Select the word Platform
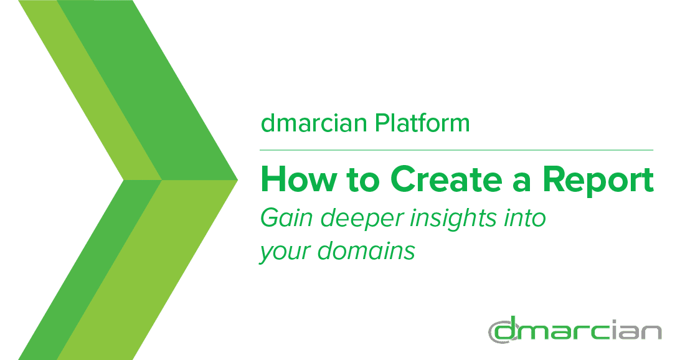422,123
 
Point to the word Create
446,179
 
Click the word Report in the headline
598,181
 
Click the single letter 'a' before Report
522,183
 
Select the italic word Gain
286,217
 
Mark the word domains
366,250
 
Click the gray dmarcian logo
575,330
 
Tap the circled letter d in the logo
504,331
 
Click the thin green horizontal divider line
456,150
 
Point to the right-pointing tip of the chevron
238,179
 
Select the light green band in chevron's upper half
90,90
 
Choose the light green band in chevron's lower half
148,270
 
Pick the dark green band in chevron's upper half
148,90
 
